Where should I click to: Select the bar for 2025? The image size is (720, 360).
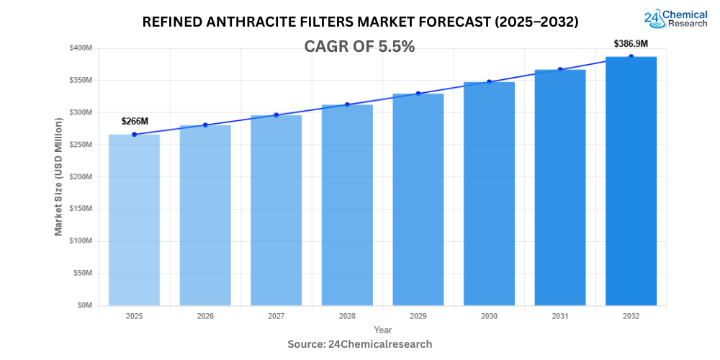[134, 220]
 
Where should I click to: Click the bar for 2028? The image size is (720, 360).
[347, 204]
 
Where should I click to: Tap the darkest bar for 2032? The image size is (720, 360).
[631, 181]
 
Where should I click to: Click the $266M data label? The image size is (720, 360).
[135, 121]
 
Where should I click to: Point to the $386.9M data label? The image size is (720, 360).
[631, 43]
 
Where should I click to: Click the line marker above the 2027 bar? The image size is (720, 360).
[276, 115]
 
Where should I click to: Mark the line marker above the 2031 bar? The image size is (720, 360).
[559, 70]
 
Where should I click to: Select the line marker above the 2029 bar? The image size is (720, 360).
[418, 94]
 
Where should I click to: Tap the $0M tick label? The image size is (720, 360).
[86, 305]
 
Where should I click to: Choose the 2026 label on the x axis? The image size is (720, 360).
[205, 316]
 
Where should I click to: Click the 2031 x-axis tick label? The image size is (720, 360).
[559, 316]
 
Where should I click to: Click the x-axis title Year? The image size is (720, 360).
[382, 330]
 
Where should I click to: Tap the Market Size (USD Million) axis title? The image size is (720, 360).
[59, 176]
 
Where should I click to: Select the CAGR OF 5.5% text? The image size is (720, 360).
[360, 47]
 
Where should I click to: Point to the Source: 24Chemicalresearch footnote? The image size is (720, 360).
[360, 344]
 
